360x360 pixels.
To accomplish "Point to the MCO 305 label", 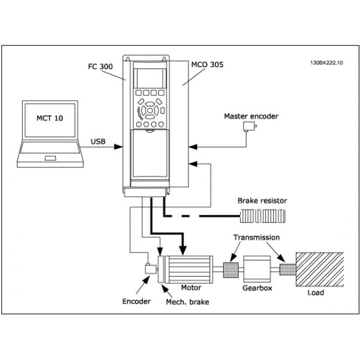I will pyautogui.click(x=208, y=64).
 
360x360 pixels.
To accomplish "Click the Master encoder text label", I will pyautogui.click(x=250, y=116).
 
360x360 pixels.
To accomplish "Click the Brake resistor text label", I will pyautogui.click(x=262, y=200).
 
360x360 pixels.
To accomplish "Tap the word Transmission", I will pyautogui.click(x=256, y=237).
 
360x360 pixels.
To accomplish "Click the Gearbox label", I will pyautogui.click(x=257, y=287).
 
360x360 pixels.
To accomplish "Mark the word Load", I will pyautogui.click(x=315, y=293).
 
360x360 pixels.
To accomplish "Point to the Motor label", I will pyautogui.click(x=191, y=287).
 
